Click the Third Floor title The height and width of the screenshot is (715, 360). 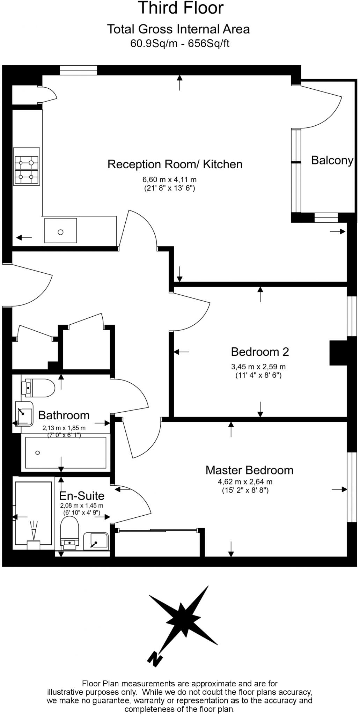coord(181,8)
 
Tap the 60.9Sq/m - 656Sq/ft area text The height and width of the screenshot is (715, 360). coord(180,44)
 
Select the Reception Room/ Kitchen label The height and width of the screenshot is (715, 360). coord(175,164)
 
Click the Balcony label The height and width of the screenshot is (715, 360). coord(332,160)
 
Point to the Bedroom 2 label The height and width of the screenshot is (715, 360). coord(260,352)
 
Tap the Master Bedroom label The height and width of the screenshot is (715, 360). coord(249,470)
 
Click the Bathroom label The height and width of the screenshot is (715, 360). coord(64,415)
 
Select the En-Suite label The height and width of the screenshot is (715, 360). coord(82,496)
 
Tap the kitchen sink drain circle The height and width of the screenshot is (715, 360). coord(60,232)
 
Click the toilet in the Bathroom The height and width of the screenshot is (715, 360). coord(38,388)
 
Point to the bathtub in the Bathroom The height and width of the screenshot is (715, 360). coord(65,452)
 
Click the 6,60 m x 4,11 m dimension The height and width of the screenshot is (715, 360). coord(169,180)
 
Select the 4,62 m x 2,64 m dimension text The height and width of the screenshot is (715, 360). coord(245,482)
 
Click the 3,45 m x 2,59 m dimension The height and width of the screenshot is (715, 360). coord(258,367)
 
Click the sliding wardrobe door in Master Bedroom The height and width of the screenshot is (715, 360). coord(157,531)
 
